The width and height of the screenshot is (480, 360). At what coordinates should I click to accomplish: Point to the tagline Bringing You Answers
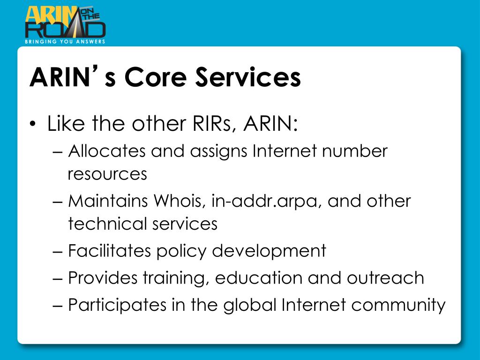65,41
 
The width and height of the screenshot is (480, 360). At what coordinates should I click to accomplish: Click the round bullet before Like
32,125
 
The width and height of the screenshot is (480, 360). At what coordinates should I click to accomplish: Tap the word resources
107,174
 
